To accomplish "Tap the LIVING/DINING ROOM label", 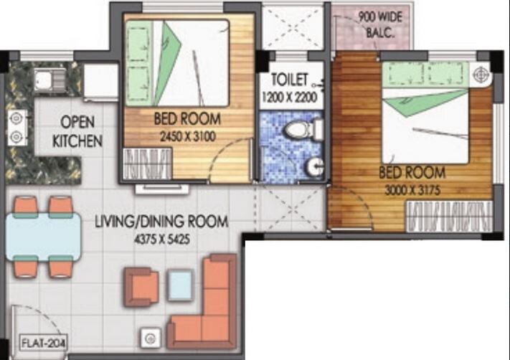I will (x=161, y=222).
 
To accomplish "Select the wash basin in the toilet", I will (x=313, y=166).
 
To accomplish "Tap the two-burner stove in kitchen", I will (x=15, y=128).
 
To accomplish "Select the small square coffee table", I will (x=180, y=285).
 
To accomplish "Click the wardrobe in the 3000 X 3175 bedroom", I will (x=449, y=216).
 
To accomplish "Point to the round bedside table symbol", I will (x=481, y=72).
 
